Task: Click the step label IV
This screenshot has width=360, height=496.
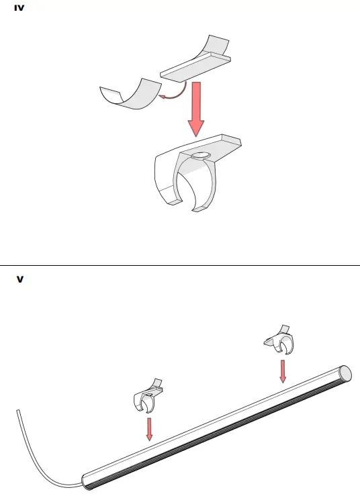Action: coord(19,10)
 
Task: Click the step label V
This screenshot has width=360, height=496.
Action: coord(19,279)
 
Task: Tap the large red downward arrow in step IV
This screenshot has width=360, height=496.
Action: coord(196,107)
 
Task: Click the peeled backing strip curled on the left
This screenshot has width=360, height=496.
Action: coord(132,94)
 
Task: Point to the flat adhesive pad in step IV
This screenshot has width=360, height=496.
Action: coord(195,67)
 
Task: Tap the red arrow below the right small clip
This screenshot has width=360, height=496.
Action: coord(283,370)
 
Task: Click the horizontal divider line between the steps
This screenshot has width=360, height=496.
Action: coord(180,265)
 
